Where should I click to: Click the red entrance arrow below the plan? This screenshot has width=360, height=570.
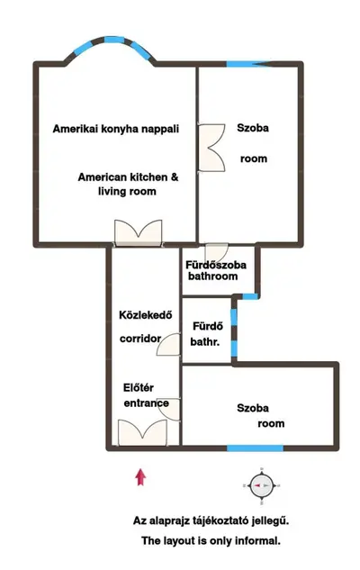(x=140, y=477)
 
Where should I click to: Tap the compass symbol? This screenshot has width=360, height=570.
(x=262, y=485)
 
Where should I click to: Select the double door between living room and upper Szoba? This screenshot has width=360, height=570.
(x=211, y=148)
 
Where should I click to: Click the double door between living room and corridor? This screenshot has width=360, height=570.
(x=138, y=232)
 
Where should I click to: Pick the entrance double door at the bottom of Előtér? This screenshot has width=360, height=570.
(x=142, y=432)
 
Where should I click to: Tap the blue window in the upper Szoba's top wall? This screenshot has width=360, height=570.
(x=243, y=64)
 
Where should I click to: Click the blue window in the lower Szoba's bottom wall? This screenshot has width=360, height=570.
(x=255, y=448)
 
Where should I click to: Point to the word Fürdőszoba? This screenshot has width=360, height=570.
(x=216, y=265)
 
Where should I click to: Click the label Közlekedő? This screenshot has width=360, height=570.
(x=146, y=315)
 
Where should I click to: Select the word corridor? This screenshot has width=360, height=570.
(x=140, y=339)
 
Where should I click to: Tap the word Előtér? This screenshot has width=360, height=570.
(x=139, y=387)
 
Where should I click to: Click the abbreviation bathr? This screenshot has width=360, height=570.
(x=205, y=341)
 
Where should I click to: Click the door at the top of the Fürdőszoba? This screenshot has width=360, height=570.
(x=217, y=251)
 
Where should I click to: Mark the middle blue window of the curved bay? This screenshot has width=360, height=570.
(x=113, y=40)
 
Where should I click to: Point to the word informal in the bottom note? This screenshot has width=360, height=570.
(x=257, y=540)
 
